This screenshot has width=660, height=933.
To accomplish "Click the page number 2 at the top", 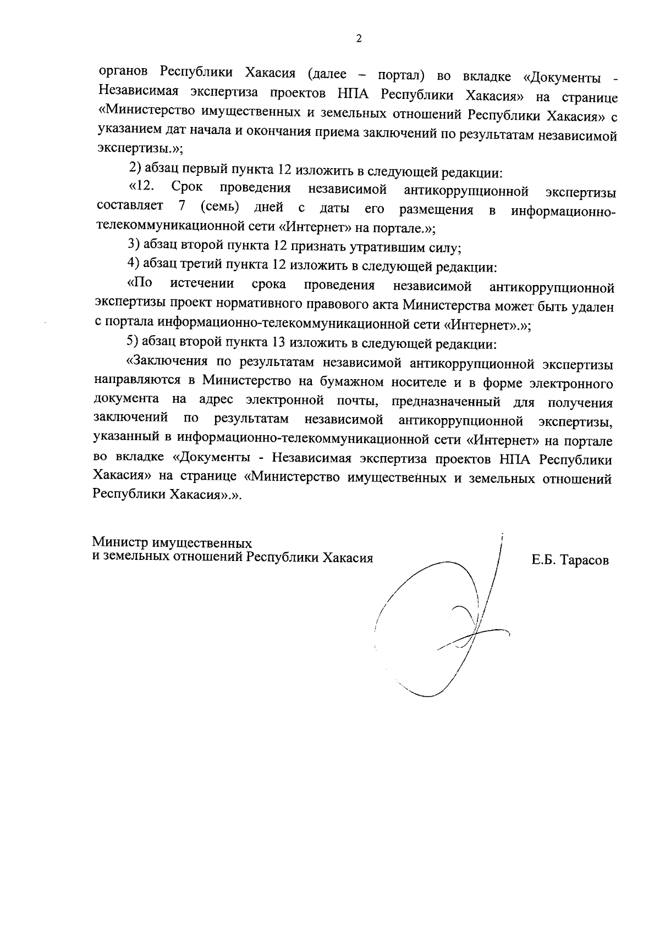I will (x=359, y=38).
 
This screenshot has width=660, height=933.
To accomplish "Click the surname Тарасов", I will (x=585, y=561).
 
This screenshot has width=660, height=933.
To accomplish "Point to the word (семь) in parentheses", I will (x=219, y=208).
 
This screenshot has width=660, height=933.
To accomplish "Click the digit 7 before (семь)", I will (x=182, y=207).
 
